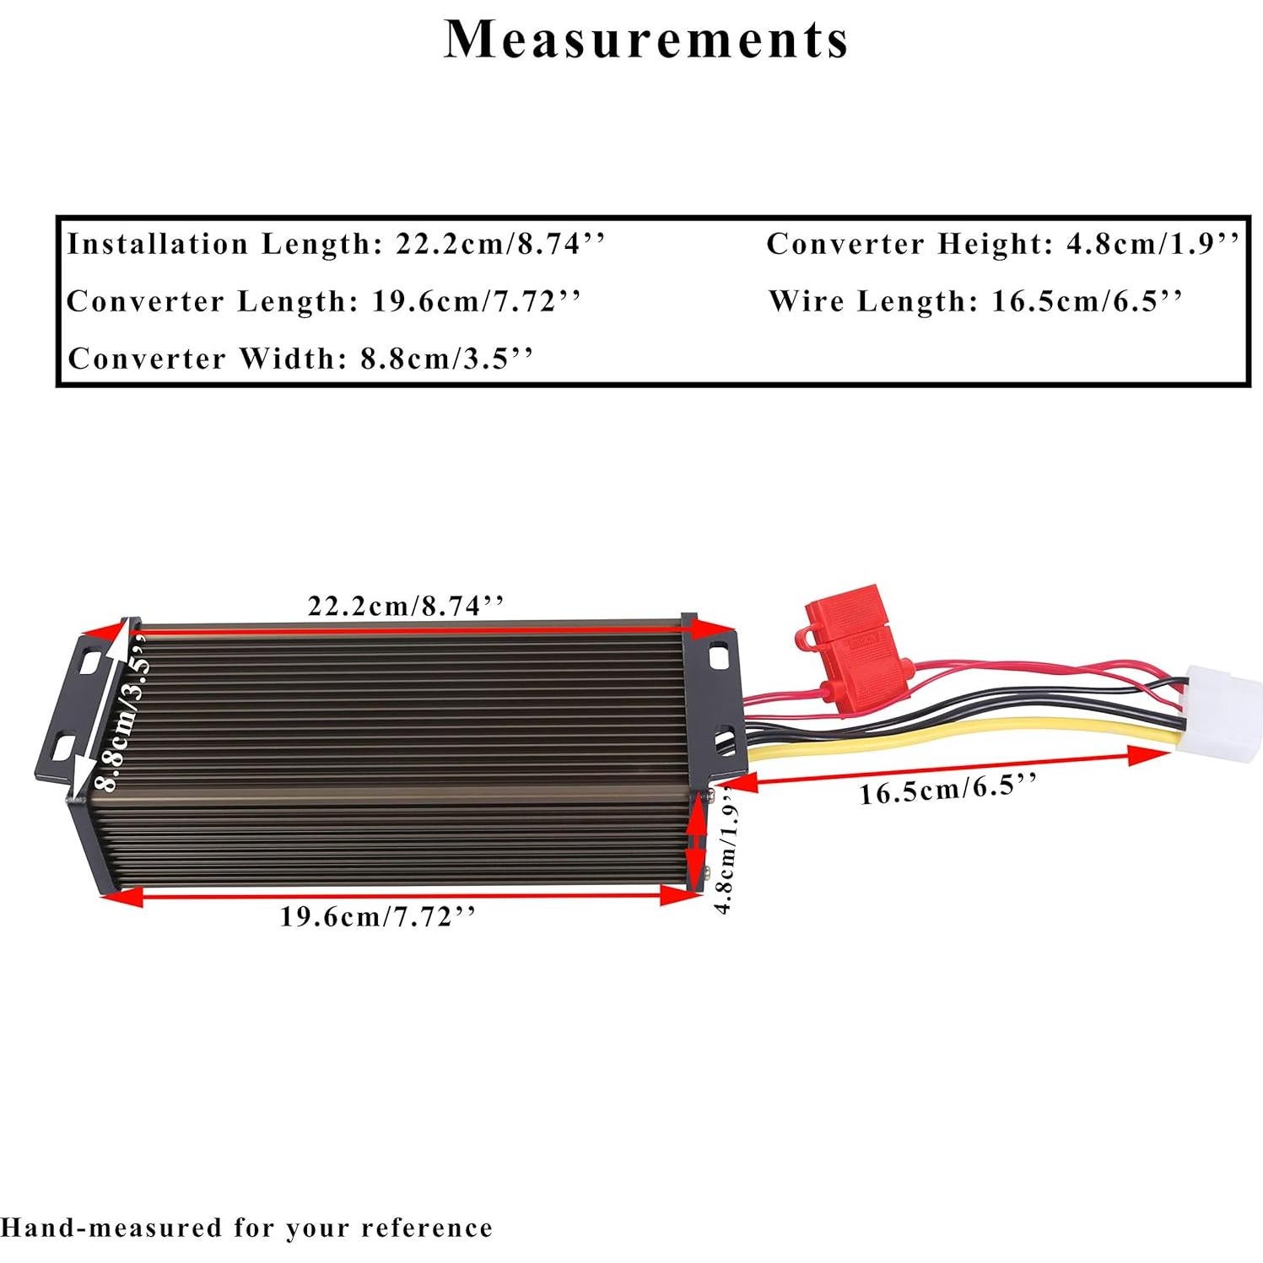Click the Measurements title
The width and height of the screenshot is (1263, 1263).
pos(645,40)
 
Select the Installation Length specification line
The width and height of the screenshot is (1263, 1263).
pos(336,245)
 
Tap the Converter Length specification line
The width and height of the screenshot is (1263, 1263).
pos(324,301)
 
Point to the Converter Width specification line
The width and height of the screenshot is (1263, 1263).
pos(300,359)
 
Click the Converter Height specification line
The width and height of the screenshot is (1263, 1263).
pos(1002,245)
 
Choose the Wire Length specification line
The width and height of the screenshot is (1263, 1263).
pos(975,301)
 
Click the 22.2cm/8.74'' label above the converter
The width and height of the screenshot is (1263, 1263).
pos(406,605)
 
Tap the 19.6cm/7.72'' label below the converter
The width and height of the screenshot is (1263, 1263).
pos(378,916)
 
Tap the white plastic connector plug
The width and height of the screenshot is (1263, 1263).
pos(1223,710)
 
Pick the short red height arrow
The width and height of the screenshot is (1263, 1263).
pos(697,844)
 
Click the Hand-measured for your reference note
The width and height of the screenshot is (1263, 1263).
pos(246,1228)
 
